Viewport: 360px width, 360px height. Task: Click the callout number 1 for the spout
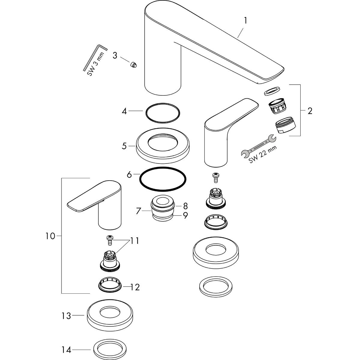click(246, 21)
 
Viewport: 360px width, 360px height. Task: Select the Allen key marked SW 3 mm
click(95, 57)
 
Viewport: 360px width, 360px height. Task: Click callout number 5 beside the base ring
click(124, 146)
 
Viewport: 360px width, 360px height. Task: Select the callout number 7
click(139, 211)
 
